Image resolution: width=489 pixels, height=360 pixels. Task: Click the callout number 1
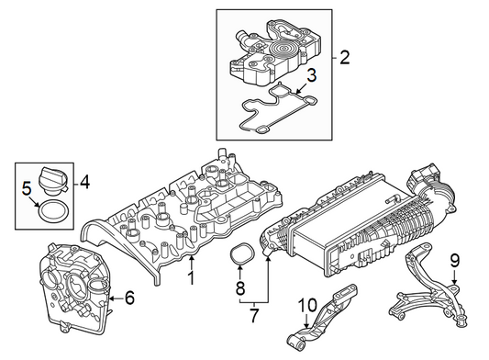pos(192,278)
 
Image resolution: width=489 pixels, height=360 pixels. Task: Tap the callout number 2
pos(345,58)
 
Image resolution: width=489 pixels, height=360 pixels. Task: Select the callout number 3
pos(311,75)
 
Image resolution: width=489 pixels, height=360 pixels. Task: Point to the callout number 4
pos(84,182)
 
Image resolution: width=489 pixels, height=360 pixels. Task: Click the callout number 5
pos(28,188)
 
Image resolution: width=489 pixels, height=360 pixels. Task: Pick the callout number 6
pos(129,298)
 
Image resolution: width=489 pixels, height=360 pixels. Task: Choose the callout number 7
pos(254,315)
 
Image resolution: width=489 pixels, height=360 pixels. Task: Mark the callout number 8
pos(240,287)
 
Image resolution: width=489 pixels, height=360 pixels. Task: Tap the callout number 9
pos(455,262)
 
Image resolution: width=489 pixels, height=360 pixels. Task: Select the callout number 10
pos(307,305)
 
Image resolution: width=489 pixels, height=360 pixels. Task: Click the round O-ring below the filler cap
pos(53,212)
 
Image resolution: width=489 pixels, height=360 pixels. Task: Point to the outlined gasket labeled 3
pos(279,109)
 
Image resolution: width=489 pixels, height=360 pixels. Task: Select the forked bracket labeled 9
pos(428,290)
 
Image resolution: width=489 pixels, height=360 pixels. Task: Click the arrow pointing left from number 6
pos(116,298)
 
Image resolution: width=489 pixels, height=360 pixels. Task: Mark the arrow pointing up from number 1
pos(192,263)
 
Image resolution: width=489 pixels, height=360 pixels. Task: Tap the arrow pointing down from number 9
pos(454,277)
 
